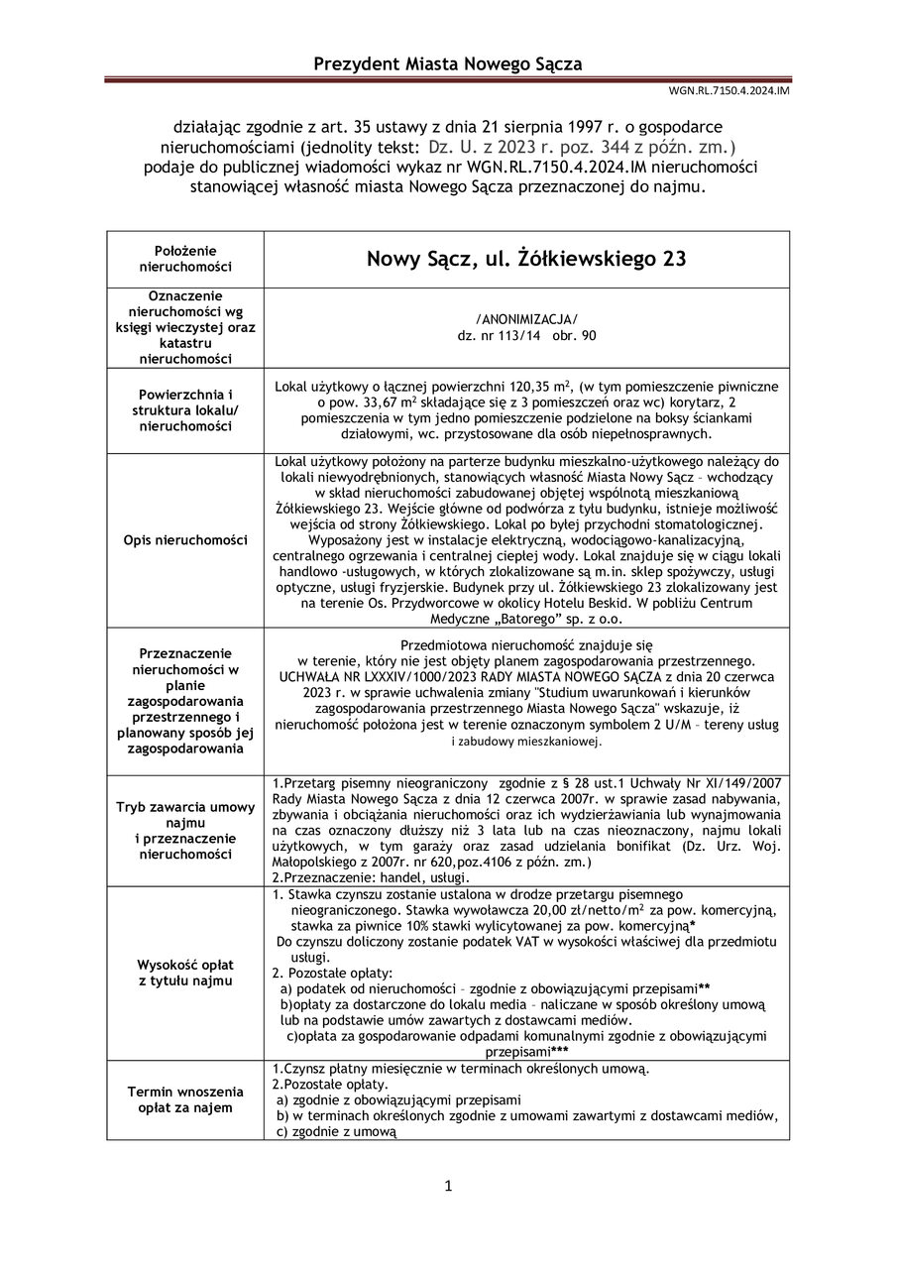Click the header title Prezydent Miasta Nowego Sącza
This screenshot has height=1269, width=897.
coord(448,64)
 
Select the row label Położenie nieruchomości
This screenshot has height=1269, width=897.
coord(185,259)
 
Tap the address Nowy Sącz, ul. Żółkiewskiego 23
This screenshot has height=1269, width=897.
coord(525,260)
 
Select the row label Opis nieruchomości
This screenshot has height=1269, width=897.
coord(185,539)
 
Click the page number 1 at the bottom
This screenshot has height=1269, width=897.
coord(448,1186)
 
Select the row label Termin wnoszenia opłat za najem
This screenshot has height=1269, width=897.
coord(185,1098)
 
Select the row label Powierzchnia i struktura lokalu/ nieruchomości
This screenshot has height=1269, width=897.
coord(185,408)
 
